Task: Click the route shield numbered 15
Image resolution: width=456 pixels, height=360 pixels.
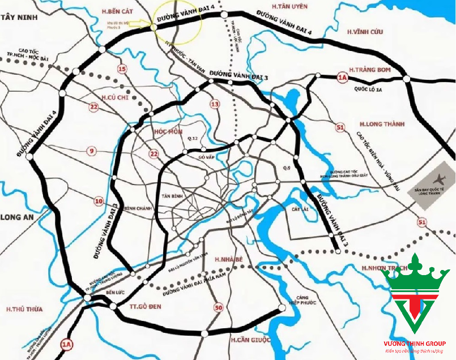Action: [122, 69]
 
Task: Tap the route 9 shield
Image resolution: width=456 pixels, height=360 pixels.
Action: [91, 151]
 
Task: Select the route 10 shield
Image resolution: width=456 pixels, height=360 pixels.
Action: [98, 200]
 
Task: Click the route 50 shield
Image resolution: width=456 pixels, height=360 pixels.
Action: [219, 308]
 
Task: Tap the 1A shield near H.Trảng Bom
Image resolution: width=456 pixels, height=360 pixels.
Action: [342, 78]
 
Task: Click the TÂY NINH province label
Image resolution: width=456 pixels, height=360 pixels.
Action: [19, 18]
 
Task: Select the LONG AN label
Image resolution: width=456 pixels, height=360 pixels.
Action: [17, 217]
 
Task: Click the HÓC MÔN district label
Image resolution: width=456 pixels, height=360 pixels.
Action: [168, 131]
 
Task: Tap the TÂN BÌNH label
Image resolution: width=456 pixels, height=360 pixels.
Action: [173, 195]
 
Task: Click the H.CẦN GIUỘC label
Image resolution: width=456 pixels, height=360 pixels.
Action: [250, 339]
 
